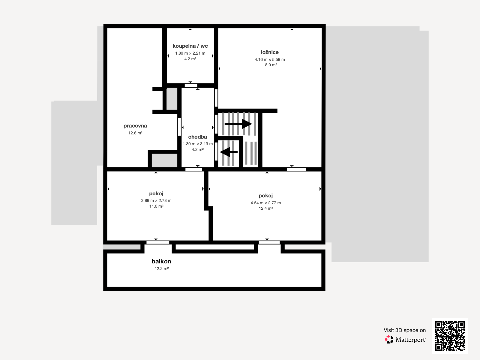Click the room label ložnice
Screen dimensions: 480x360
click(270, 52)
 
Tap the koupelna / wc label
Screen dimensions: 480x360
click(190, 46)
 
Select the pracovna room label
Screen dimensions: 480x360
click(135, 126)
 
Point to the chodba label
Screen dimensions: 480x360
click(197, 137)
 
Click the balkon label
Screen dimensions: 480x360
click(161, 261)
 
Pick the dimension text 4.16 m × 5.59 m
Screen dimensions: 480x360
click(270, 59)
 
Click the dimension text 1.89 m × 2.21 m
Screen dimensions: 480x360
click(190, 53)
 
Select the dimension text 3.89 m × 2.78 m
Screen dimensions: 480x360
click(156, 200)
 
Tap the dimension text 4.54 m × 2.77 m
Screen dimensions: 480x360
click(266, 203)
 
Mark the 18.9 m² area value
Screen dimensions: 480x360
click(270, 65)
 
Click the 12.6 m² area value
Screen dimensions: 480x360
click(135, 133)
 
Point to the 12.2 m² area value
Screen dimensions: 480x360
click(162, 268)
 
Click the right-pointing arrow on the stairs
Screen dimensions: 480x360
click(238, 124)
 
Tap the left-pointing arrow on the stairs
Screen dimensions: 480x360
click(229, 152)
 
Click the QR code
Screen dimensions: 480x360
click(450, 336)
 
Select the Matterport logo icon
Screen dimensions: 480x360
click(389, 340)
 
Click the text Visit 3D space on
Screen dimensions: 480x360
click(405, 330)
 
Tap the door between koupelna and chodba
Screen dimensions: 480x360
click(191, 86)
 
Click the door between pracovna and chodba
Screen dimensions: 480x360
click(179, 127)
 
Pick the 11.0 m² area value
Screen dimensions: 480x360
click(156, 206)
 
